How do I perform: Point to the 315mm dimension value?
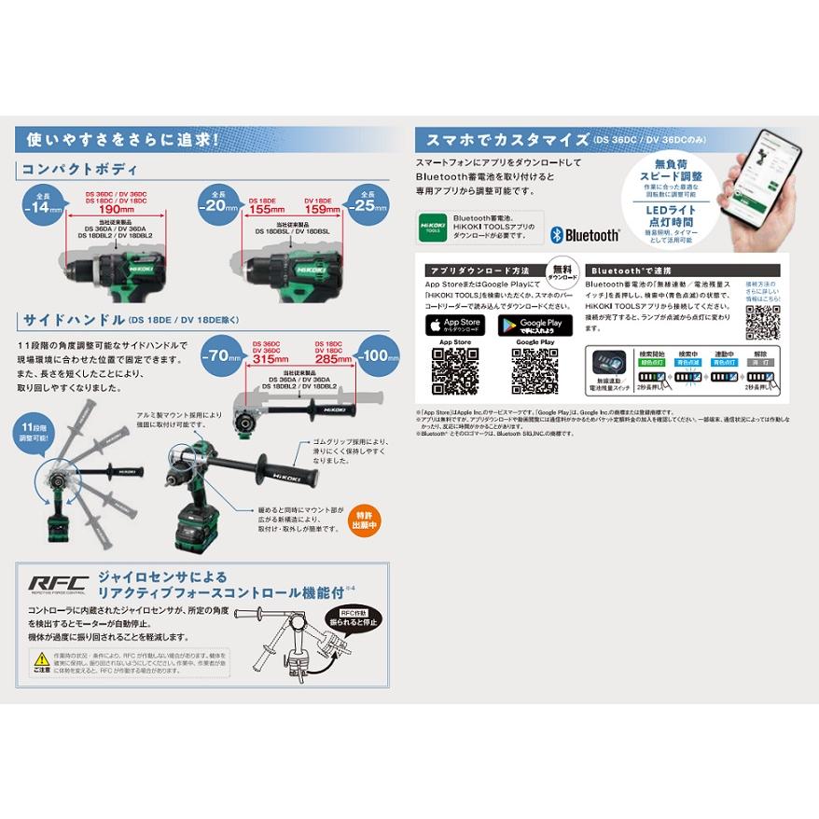click(271, 359)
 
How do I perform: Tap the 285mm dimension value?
click(332, 359)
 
